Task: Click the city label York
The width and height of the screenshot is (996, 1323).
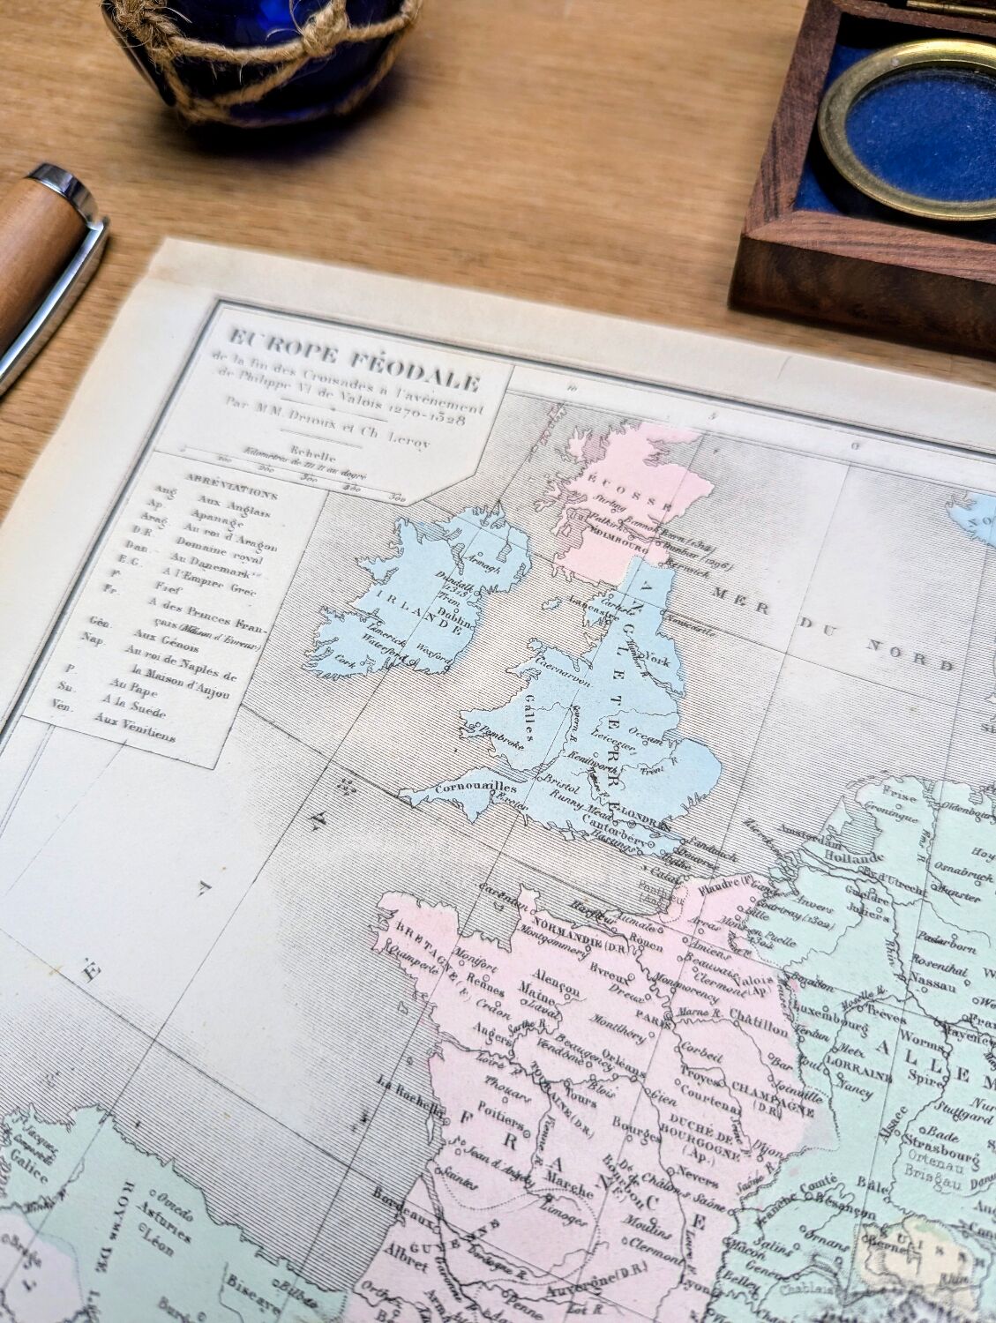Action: tap(659, 658)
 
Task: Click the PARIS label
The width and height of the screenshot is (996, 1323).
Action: tap(655, 1014)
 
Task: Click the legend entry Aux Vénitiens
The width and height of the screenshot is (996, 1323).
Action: tap(134, 729)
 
